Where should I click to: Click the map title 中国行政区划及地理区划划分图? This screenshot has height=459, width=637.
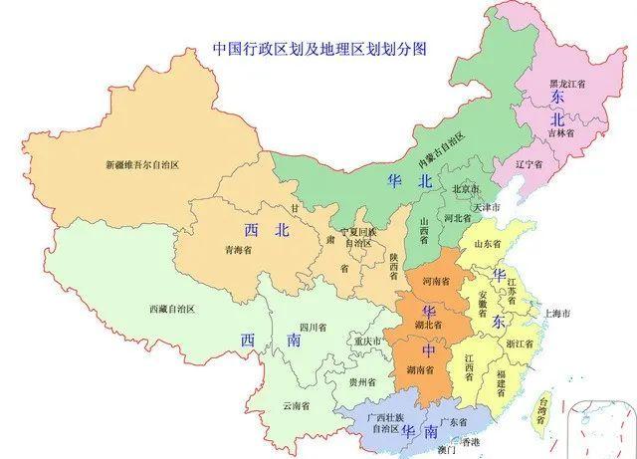(313, 48)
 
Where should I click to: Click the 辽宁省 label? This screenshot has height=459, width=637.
(527, 163)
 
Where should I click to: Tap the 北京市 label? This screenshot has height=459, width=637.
(466, 189)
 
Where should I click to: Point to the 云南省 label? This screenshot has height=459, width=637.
(296, 405)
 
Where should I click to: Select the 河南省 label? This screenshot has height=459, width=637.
(438, 282)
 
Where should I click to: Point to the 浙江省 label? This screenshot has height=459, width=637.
(521, 344)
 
